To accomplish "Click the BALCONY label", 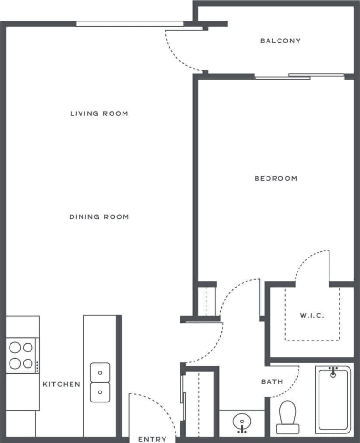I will point(280,41).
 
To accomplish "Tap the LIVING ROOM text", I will point(99,113).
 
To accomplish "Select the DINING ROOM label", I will point(99,217).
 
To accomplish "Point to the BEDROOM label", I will point(276,179).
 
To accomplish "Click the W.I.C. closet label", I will point(312,316).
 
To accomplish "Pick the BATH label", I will point(272,382).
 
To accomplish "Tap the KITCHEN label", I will point(62,384).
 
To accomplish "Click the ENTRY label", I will point(153,439).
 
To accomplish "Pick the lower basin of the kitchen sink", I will point(100,392).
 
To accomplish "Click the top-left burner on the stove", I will point(15,347).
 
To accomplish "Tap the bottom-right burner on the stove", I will point(28,364).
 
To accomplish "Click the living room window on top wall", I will point(130,23).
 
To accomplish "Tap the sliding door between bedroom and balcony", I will point(299,76).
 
